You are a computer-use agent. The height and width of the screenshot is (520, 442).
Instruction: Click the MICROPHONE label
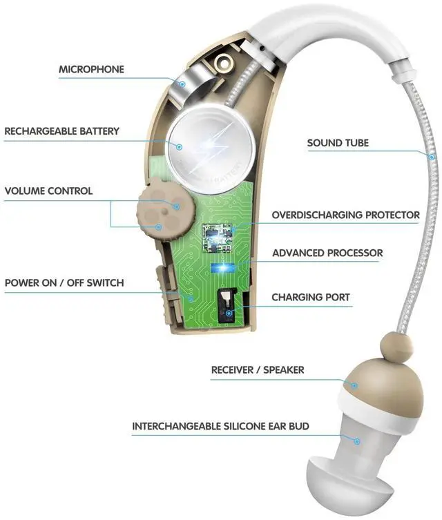coord(91,69)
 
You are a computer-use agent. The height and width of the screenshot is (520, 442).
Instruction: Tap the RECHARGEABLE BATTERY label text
coord(61,131)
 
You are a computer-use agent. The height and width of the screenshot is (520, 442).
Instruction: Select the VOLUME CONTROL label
coord(48,191)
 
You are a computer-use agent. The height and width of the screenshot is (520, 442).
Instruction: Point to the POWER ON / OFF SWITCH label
coord(64,283)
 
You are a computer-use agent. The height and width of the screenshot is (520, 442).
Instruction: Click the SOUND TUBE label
coord(338,143)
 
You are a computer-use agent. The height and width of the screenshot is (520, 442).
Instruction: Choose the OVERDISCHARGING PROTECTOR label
coord(345,215)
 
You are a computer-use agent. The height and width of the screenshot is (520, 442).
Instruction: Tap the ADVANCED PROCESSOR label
coord(327,253)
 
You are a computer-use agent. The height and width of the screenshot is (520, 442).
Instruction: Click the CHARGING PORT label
coord(311,298)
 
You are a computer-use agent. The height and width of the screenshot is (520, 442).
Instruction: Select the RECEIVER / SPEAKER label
coord(258,370)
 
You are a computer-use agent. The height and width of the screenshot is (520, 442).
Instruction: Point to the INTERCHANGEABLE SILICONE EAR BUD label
coord(220,426)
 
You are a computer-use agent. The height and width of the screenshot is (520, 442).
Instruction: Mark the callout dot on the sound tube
coord(430,157)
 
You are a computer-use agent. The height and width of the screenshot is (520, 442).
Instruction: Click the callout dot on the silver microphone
coord(181,83)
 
